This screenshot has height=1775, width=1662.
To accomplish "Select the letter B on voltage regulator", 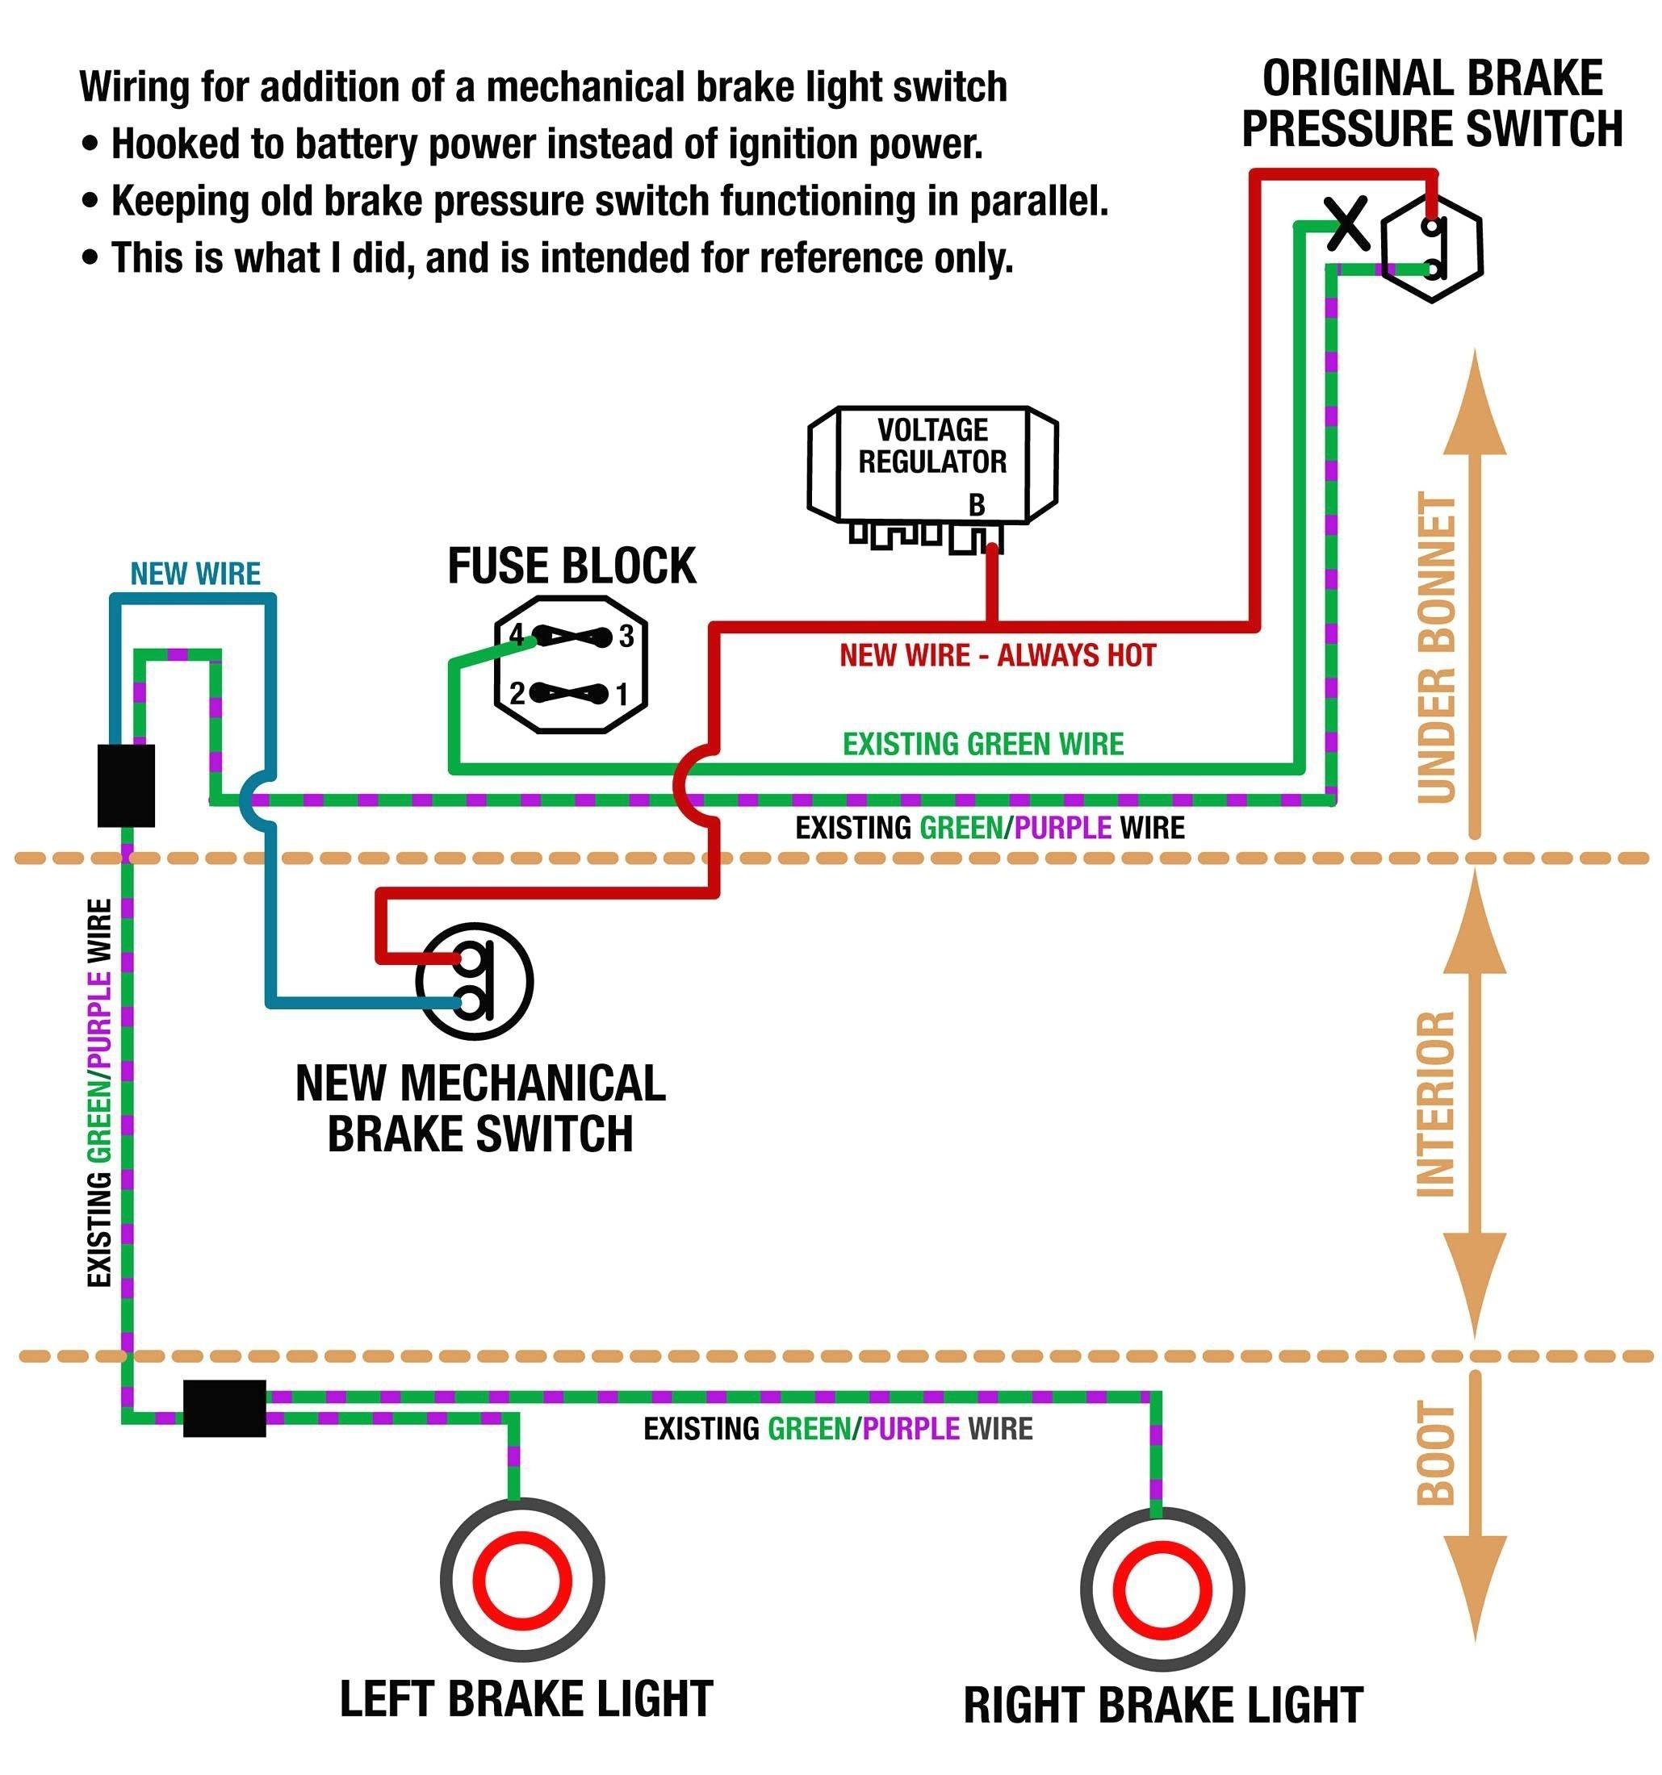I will click(977, 504).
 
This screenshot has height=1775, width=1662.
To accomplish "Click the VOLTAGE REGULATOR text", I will click(932, 445).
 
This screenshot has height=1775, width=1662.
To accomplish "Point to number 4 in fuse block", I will click(516, 635).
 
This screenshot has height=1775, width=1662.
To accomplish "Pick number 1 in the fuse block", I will click(622, 694).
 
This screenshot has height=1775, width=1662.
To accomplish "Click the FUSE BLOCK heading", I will click(571, 566).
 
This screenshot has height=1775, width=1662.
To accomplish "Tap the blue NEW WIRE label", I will click(195, 573).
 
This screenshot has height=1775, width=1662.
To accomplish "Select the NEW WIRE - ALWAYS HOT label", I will click(998, 656).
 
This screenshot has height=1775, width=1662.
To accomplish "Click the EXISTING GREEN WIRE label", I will click(982, 744).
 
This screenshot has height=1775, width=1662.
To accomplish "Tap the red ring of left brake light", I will click(521, 1581).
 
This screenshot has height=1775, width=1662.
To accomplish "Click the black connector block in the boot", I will click(224, 1408).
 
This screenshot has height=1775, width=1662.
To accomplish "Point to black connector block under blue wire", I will click(126, 785).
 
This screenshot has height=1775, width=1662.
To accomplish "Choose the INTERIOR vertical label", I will click(1437, 1104).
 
